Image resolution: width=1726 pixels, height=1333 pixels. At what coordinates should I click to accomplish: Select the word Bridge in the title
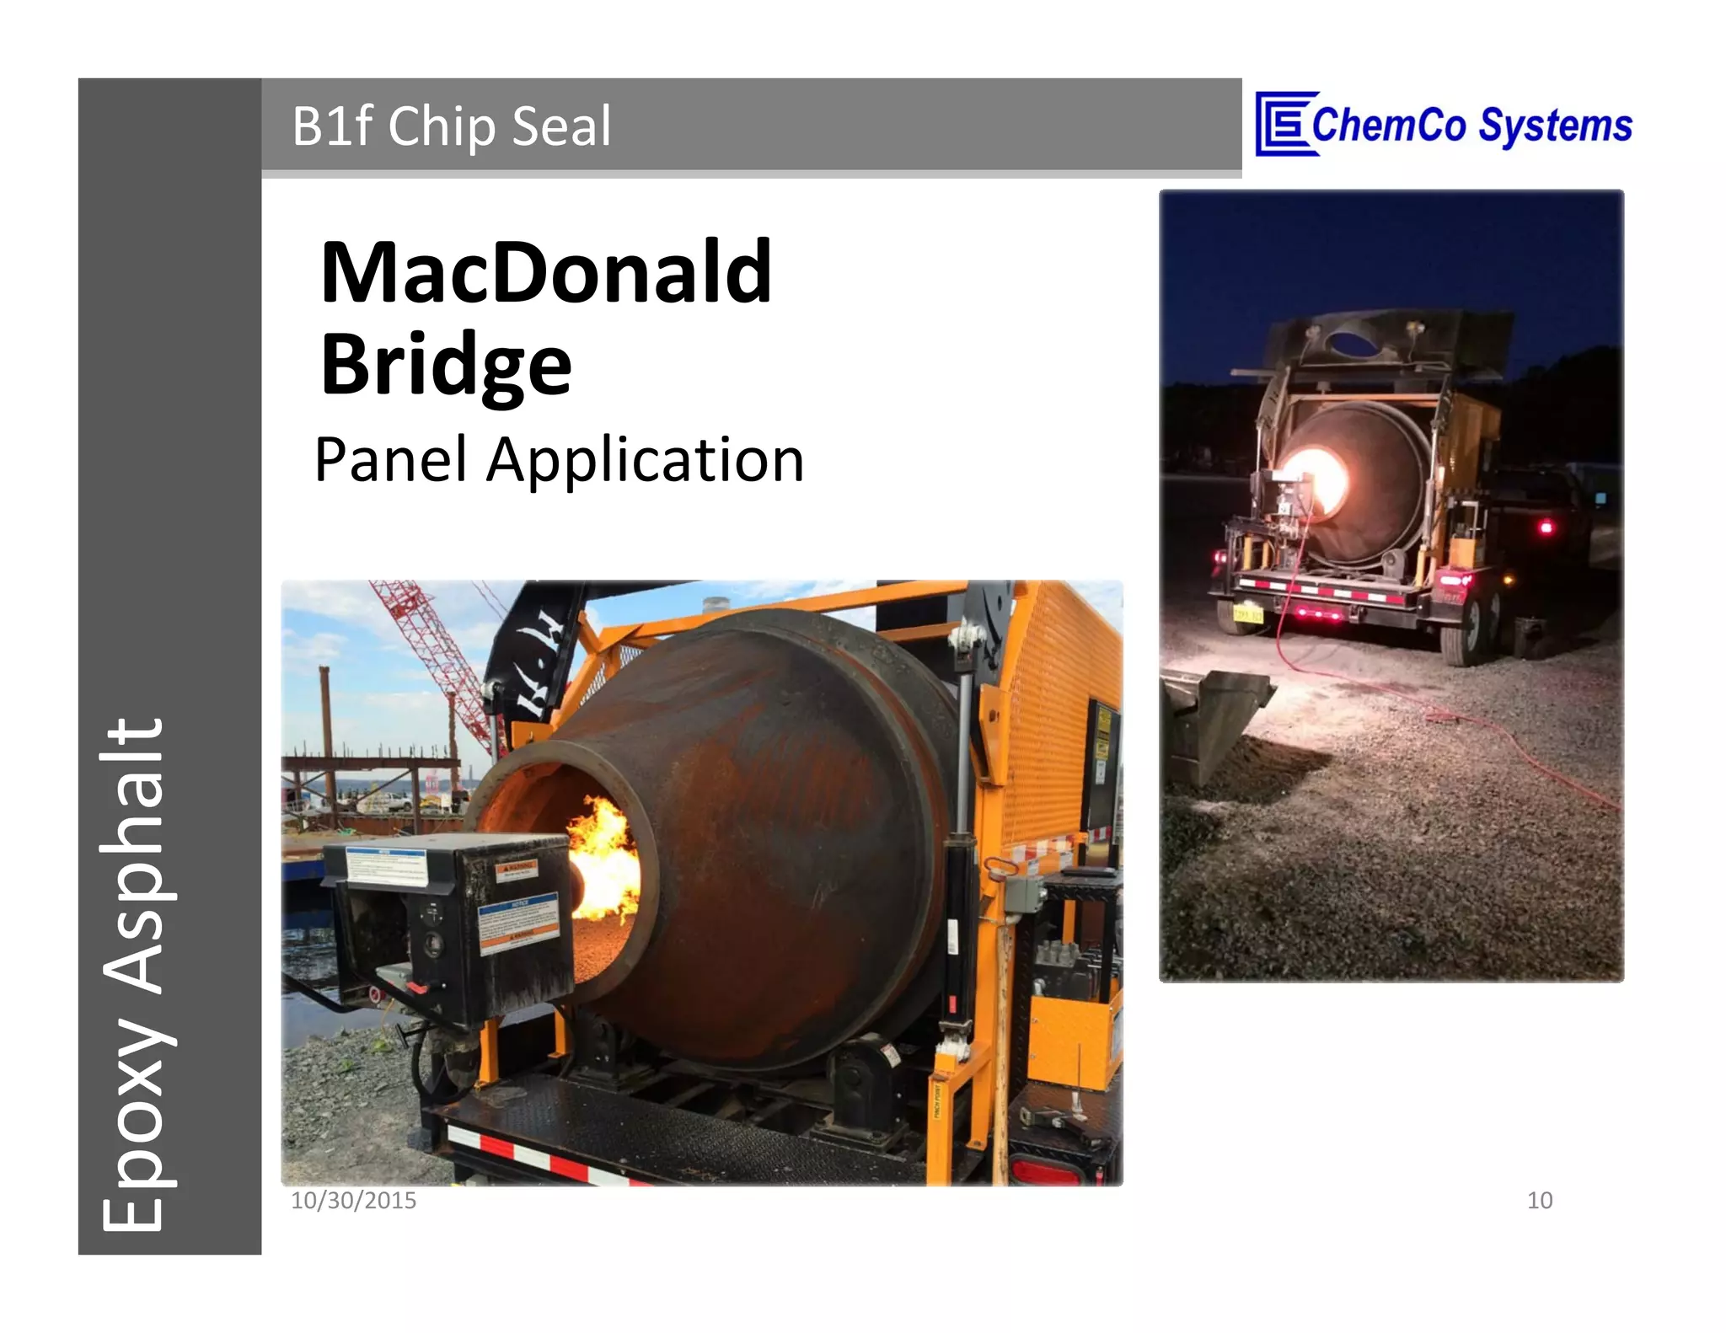click(x=446, y=364)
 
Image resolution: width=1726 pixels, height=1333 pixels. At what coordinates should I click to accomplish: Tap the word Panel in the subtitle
click(x=390, y=460)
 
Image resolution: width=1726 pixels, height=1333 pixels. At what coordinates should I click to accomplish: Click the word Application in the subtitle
click(x=646, y=462)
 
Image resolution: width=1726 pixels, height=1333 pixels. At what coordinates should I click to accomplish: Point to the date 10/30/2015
click(x=353, y=1200)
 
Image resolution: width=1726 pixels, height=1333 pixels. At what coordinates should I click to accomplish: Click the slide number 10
click(x=1539, y=1200)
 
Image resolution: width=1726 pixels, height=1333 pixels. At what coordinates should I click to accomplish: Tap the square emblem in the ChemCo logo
click(x=1284, y=124)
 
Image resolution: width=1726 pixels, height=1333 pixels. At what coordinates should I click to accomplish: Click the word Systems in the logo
click(x=1556, y=126)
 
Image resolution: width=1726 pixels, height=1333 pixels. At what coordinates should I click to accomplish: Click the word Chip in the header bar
click(x=442, y=126)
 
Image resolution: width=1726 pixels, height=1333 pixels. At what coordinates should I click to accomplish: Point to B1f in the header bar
click(x=332, y=126)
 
